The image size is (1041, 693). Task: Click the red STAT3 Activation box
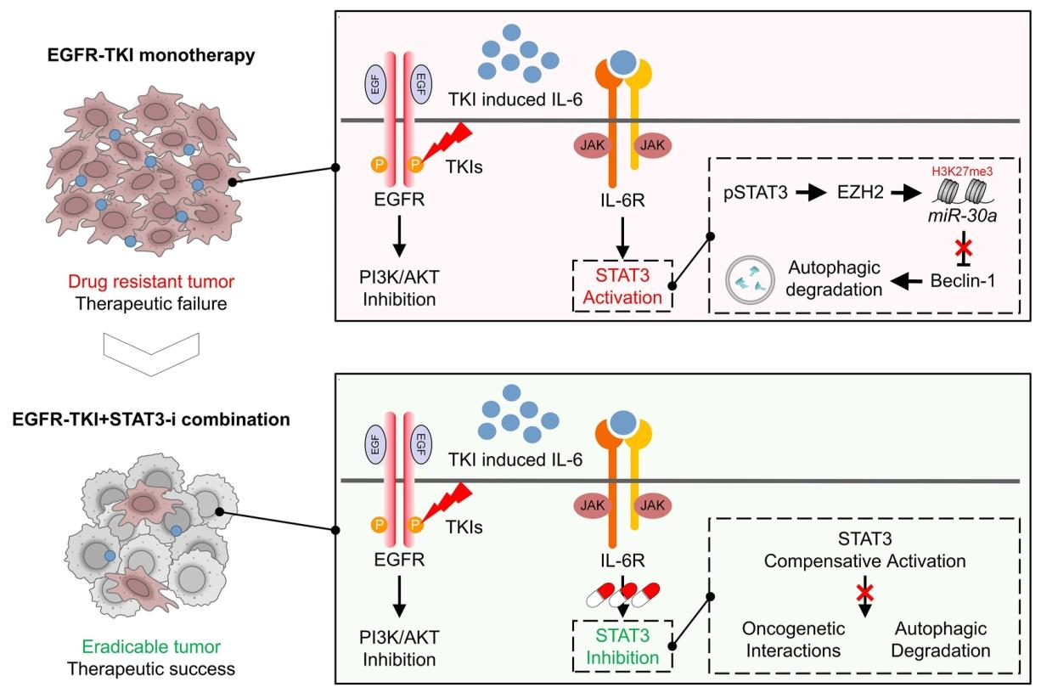click(622, 286)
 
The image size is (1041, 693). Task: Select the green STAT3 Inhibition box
click(622, 646)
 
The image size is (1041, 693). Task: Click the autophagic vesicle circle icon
click(751, 281)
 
